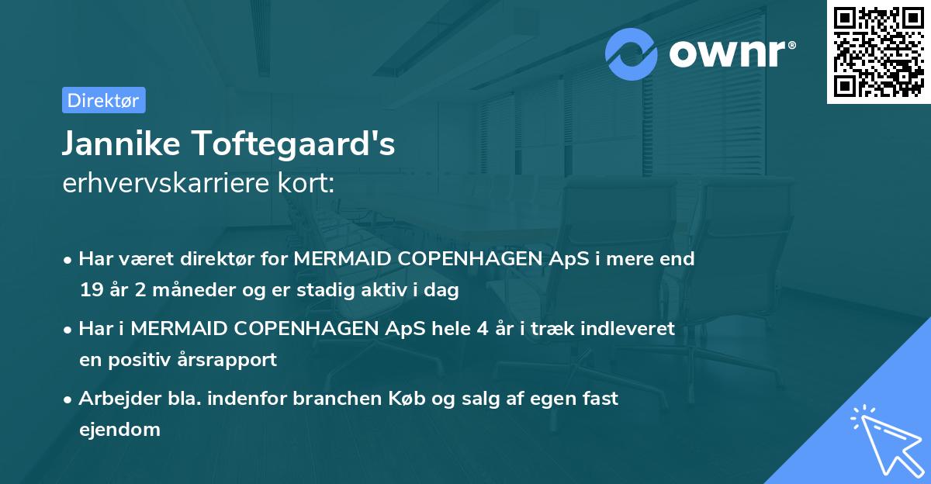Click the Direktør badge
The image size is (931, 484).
click(103, 100)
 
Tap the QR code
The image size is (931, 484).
click(879, 51)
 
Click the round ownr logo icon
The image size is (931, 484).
click(632, 54)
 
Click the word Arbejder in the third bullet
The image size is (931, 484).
click(113, 399)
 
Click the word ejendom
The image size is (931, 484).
click(119, 429)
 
